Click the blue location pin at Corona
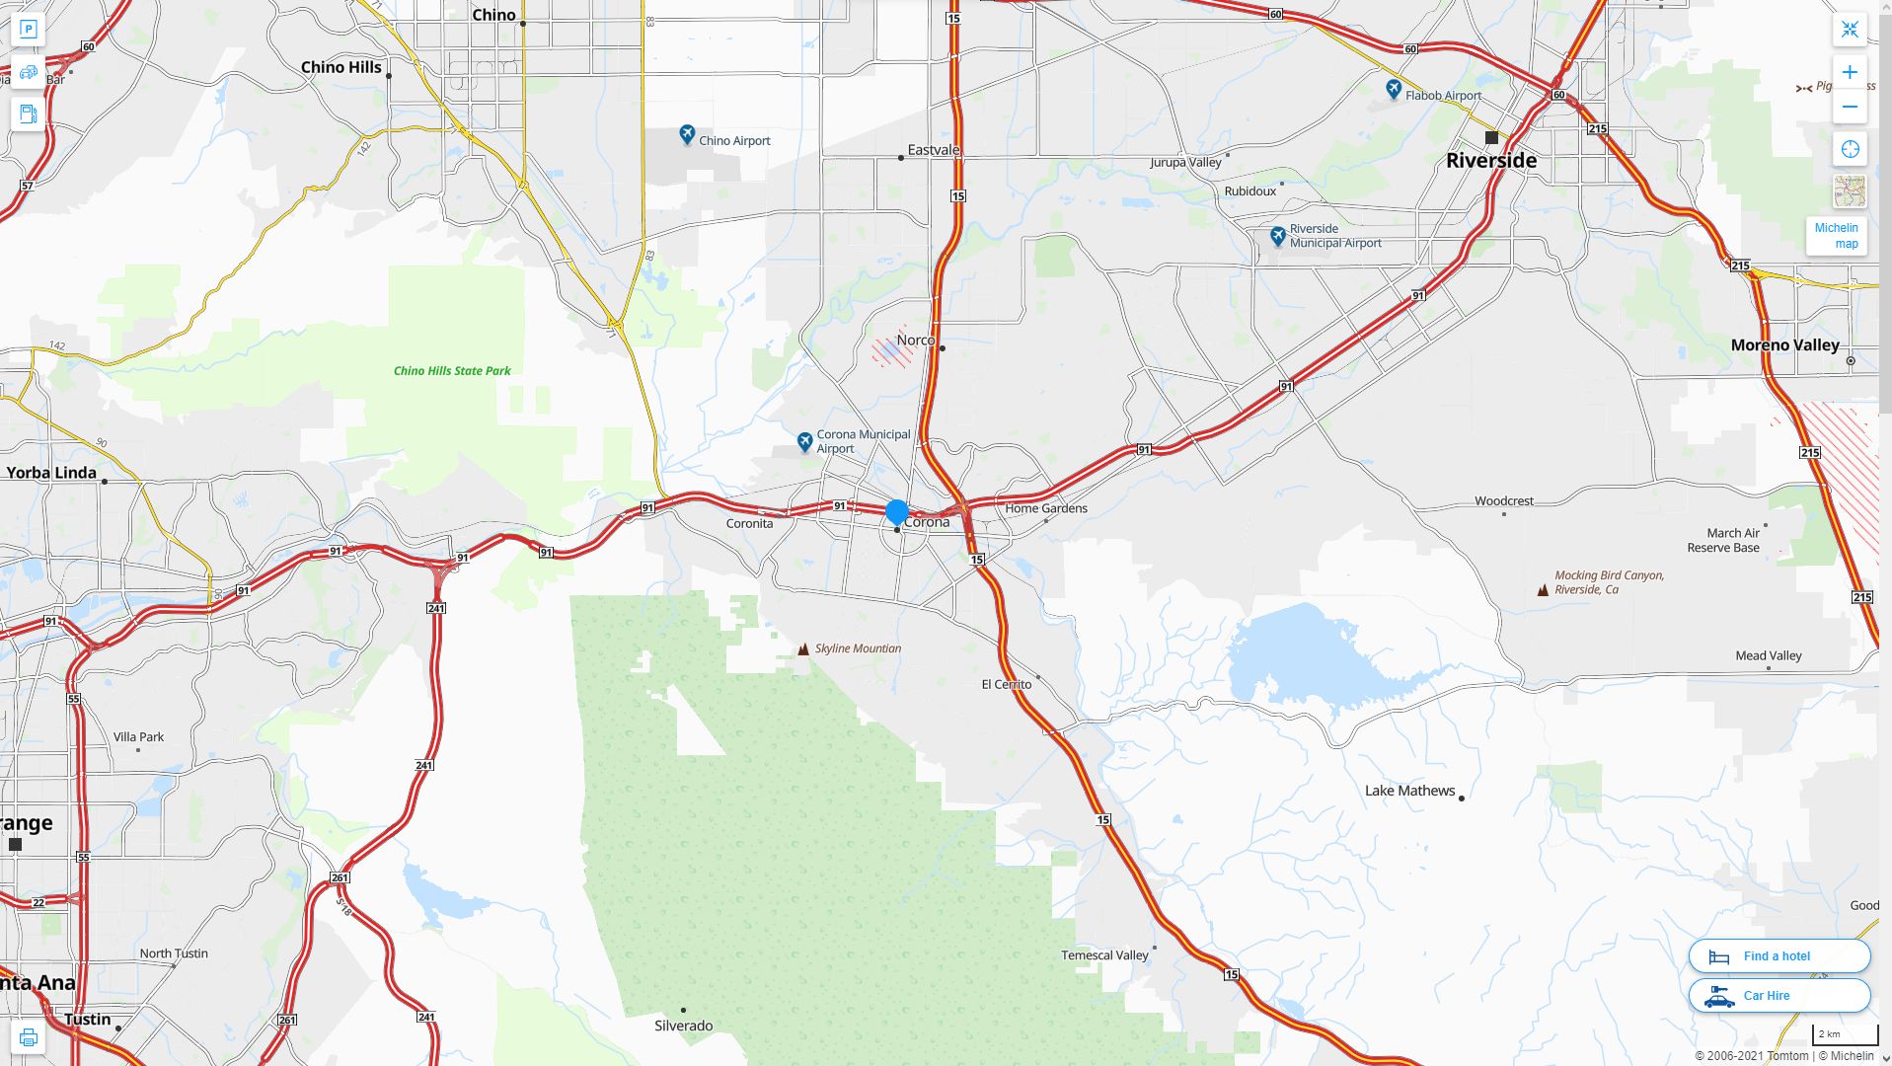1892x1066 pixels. [x=896, y=511]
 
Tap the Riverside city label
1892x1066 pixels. [x=1490, y=160]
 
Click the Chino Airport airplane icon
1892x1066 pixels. [x=687, y=134]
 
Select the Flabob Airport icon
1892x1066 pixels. [x=1393, y=90]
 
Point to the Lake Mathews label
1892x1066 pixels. [x=1409, y=791]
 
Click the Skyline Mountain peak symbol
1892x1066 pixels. [x=803, y=648]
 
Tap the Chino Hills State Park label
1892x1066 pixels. [x=452, y=371]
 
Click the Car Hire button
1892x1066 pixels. [x=1778, y=995]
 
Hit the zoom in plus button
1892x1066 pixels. [x=1850, y=72]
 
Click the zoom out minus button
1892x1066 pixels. [x=1850, y=107]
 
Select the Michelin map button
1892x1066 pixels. [x=1836, y=236]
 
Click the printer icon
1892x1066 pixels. [x=28, y=1037]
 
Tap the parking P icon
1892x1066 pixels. [x=28, y=30]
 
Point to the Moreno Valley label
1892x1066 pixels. [x=1784, y=345]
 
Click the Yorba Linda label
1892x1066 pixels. [x=51, y=473]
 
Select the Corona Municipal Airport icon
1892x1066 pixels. [x=804, y=441]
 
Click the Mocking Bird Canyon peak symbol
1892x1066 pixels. [x=1543, y=590]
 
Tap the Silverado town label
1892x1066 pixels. [x=683, y=1026]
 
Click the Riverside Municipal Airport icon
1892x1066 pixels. [x=1277, y=236]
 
